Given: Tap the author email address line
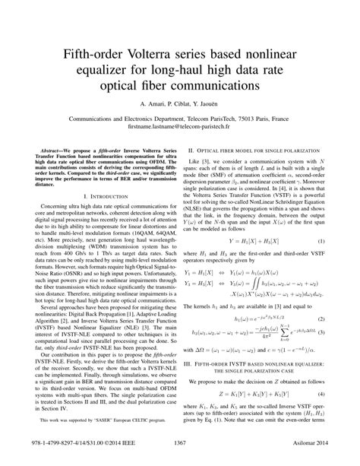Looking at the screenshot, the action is pyautogui.click(x=180, y=130).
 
